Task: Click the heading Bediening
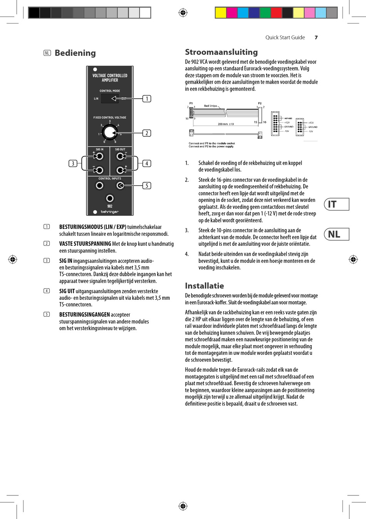tap(75, 53)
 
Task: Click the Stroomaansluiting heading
tap(221, 52)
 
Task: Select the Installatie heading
tap(204, 286)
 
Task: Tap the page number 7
tap(316, 38)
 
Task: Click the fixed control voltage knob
tap(110, 133)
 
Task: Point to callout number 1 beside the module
tap(146, 99)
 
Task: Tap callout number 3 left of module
tap(73, 163)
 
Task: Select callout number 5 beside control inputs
tap(146, 186)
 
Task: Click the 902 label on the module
tap(110, 206)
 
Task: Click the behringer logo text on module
tap(110, 212)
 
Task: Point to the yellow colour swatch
tap(220, 13)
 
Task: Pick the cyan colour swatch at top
tap(243, 13)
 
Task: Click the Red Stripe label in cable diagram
tap(210, 106)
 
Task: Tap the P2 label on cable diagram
tap(260, 103)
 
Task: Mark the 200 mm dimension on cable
tap(225, 124)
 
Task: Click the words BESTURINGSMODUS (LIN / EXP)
tap(92, 227)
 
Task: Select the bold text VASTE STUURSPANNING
tap(85, 244)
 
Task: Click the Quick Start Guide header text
tap(285, 38)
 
